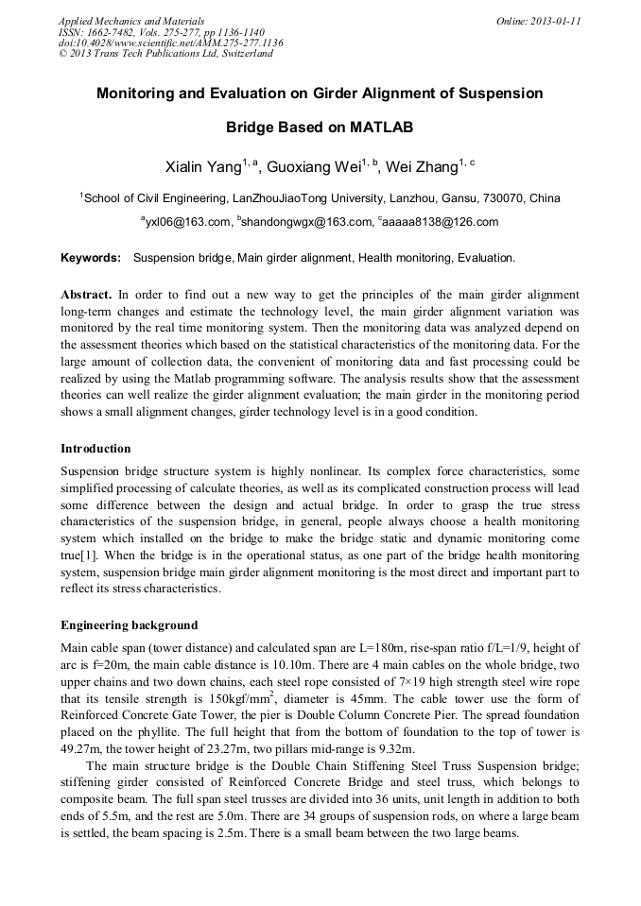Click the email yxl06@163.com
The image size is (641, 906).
pos(186,222)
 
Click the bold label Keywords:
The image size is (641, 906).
pos(91,258)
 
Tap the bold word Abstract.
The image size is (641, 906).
pos(86,295)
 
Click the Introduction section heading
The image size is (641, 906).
pos(95,448)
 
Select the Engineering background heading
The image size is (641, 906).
pos(129,624)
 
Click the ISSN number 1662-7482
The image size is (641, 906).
pos(107,32)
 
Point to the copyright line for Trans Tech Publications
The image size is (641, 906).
pos(165,54)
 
